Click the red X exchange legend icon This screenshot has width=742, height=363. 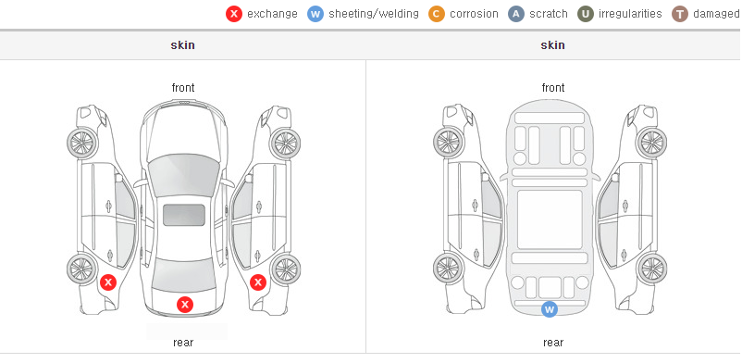[x=234, y=14]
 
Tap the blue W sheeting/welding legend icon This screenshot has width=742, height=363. [x=315, y=14]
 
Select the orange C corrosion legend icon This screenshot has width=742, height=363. [x=437, y=14]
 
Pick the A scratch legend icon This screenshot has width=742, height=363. [x=516, y=14]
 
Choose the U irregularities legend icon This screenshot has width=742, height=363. [x=586, y=14]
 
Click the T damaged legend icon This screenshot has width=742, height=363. [x=679, y=14]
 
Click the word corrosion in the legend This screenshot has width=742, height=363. [x=475, y=14]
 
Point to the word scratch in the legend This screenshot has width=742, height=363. [x=549, y=14]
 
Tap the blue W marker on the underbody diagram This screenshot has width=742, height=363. [x=550, y=309]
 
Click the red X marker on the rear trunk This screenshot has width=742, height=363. [x=185, y=305]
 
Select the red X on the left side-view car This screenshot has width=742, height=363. [x=108, y=283]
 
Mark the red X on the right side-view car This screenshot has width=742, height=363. [x=258, y=283]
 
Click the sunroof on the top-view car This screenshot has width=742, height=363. [x=184, y=215]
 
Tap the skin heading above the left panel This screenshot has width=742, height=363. [x=182, y=45]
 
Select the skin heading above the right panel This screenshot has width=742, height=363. [x=552, y=45]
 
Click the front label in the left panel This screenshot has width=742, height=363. [x=183, y=88]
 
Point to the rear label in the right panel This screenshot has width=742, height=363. [x=553, y=342]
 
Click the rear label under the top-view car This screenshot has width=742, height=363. [x=183, y=342]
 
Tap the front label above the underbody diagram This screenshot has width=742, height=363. [x=553, y=88]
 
